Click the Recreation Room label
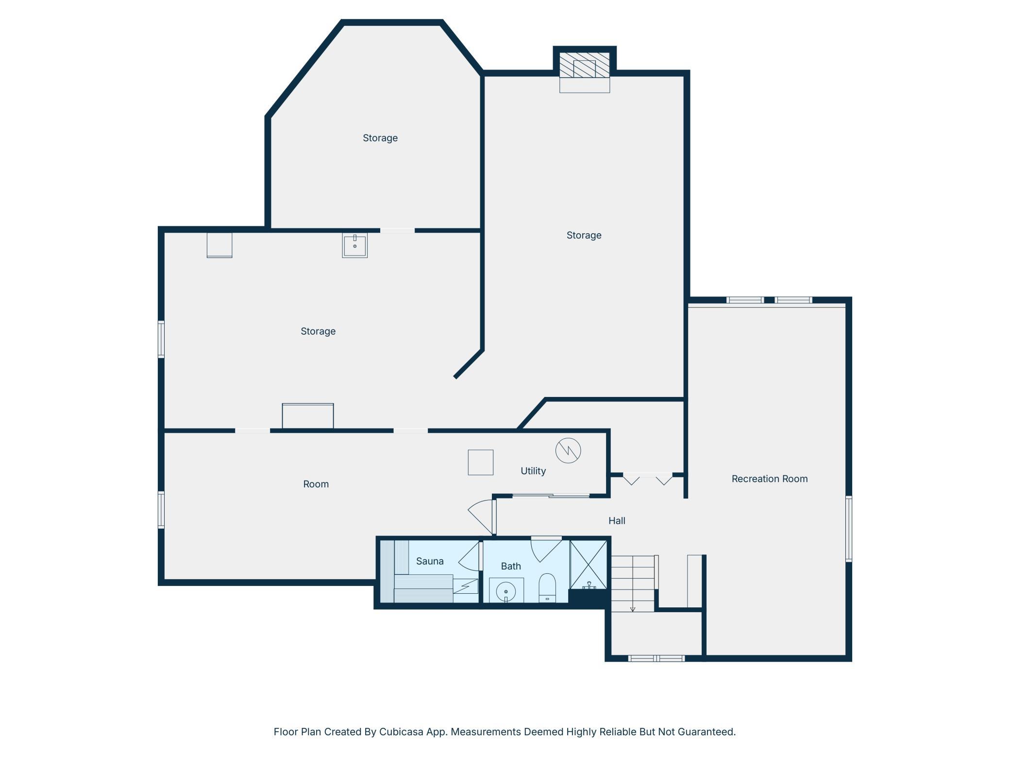770,479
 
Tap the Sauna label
430,561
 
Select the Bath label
511,566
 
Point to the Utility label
533,471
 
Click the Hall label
617,520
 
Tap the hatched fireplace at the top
585,65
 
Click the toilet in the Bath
547,588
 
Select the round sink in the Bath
506,591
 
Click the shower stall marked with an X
589,565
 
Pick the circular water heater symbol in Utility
568,450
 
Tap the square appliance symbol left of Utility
481,462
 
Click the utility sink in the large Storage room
355,245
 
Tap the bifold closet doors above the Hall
648,479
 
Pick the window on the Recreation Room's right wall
849,529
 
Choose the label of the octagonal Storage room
380,138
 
